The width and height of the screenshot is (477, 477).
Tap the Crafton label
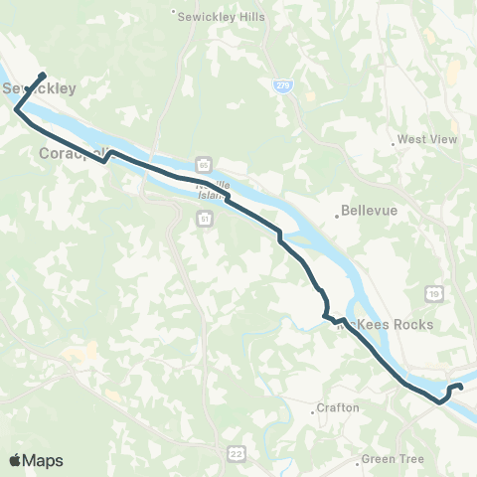338,407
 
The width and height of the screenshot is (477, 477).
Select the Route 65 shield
203,165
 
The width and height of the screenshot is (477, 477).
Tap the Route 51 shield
203,218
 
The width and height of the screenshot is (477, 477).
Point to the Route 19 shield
434,292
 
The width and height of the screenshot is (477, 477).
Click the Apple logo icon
16,460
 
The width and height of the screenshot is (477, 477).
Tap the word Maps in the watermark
44,460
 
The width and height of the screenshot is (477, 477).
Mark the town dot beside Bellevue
337,212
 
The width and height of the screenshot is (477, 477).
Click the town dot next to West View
395,145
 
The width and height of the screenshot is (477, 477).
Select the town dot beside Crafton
313,407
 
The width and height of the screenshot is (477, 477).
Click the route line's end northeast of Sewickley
44,75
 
